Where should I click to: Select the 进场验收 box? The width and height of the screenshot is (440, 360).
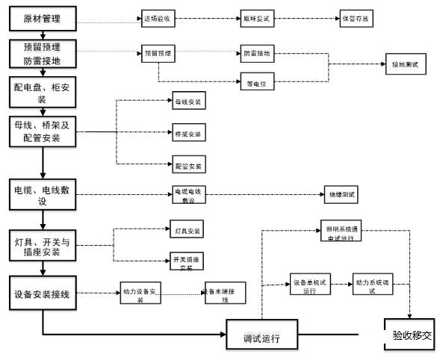[x=158, y=18]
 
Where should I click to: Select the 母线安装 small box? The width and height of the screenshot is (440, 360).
[x=188, y=100]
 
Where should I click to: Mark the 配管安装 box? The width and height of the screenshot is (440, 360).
[x=188, y=165]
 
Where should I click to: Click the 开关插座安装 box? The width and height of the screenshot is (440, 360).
[x=188, y=262]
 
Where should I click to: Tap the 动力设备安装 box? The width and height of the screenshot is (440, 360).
[x=141, y=291]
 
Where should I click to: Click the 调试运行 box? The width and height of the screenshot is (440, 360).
[x=261, y=336]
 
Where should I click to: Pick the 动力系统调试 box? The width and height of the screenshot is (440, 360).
[x=374, y=286]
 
